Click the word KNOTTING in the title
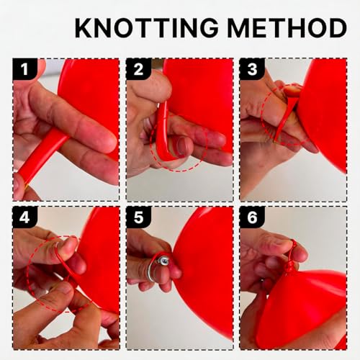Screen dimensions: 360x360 147,27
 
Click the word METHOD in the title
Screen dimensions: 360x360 287,27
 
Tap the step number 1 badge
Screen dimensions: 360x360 24,69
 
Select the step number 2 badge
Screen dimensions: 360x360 138,69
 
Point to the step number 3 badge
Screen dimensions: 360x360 252,69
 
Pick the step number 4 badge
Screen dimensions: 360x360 24,217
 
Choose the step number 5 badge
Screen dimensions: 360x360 138,217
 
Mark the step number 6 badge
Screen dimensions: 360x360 252,217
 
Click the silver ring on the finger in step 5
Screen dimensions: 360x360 150,271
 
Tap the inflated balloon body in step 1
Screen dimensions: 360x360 92,101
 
